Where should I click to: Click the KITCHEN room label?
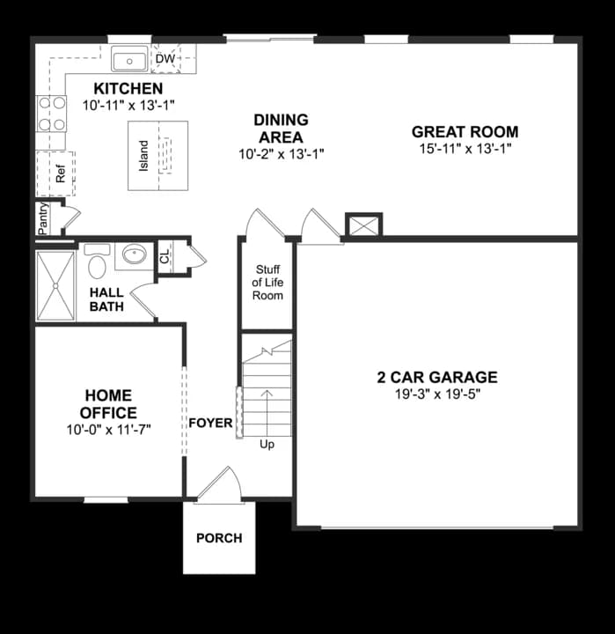128,89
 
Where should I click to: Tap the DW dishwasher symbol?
165,60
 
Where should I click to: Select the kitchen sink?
130,60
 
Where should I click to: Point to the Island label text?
143,157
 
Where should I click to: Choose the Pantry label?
42,218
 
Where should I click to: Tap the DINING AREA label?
282,129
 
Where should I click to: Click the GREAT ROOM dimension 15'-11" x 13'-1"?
465,149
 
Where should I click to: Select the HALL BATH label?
106,299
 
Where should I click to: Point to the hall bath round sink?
134,256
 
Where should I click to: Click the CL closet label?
165,258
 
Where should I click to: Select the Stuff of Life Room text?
267,283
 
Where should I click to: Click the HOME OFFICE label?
108,404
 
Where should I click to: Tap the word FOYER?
210,424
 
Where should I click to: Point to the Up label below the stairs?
267,445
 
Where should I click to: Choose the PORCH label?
218,538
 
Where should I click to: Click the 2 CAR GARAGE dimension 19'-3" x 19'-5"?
436,394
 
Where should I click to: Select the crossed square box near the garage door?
363,225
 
